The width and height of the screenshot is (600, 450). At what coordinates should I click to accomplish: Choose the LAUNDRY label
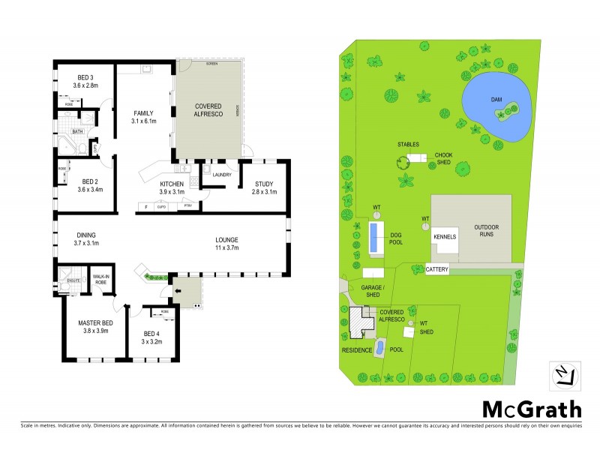[221, 175]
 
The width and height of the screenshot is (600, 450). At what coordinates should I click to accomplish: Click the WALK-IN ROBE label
[101, 278]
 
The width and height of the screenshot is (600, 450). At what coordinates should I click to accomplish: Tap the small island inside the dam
[505, 113]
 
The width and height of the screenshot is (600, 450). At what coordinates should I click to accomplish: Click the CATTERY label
[436, 268]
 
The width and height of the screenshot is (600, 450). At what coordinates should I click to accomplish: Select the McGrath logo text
[530, 409]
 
